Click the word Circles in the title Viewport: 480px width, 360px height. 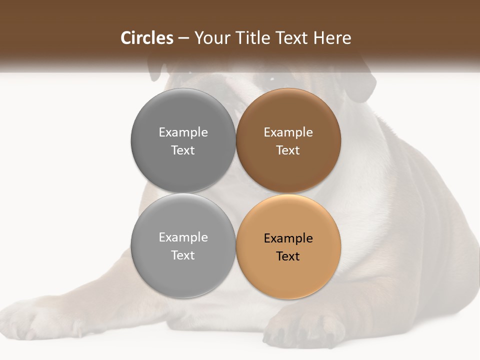coord(146,38)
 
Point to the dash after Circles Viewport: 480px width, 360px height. coord(183,38)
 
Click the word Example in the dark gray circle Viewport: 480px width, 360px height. coord(183,132)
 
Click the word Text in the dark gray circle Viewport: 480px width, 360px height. coord(183,150)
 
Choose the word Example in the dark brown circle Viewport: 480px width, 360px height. coord(288,132)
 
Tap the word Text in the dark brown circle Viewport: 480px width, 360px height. coord(288,150)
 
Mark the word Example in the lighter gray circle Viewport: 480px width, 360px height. coord(183,237)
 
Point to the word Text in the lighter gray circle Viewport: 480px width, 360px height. coord(183,255)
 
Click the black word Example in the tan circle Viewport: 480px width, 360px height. coord(288,238)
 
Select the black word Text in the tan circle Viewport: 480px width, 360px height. coord(288,256)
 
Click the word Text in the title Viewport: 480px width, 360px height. coord(293,38)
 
